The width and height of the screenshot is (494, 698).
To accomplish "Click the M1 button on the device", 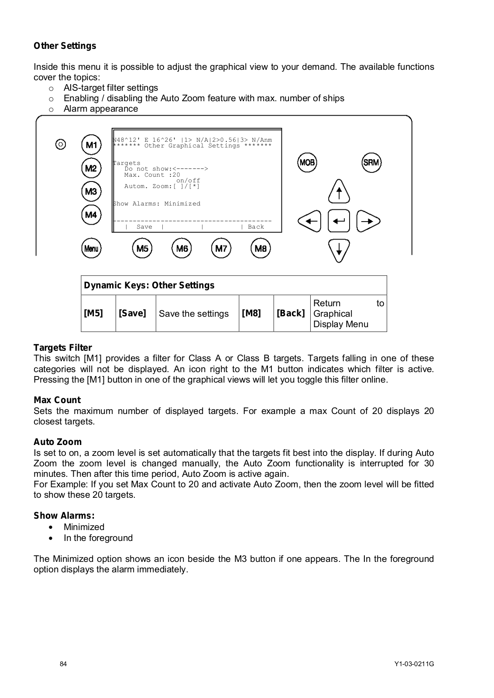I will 91,145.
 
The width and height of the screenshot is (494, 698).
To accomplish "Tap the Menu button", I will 91,249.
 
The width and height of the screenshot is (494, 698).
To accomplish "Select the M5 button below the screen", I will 142,249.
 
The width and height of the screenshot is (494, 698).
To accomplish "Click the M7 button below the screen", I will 221,249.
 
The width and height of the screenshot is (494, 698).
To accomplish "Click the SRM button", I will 371,163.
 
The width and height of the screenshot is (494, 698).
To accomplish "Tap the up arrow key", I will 339,192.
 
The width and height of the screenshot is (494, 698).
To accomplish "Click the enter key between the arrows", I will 339,221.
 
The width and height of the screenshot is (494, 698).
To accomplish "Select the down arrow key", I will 339,251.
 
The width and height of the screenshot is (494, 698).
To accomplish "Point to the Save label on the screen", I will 144,227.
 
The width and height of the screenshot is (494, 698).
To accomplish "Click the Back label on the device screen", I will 256,227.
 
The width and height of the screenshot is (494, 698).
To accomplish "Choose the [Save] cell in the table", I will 132,313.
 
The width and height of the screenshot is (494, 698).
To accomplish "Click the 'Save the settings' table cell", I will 194,314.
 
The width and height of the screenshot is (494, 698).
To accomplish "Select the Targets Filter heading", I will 63,348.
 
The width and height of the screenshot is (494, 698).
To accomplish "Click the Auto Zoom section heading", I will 58,442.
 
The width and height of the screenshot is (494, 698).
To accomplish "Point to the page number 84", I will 64,664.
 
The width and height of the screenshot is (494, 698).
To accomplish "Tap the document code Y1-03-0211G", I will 414,664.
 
